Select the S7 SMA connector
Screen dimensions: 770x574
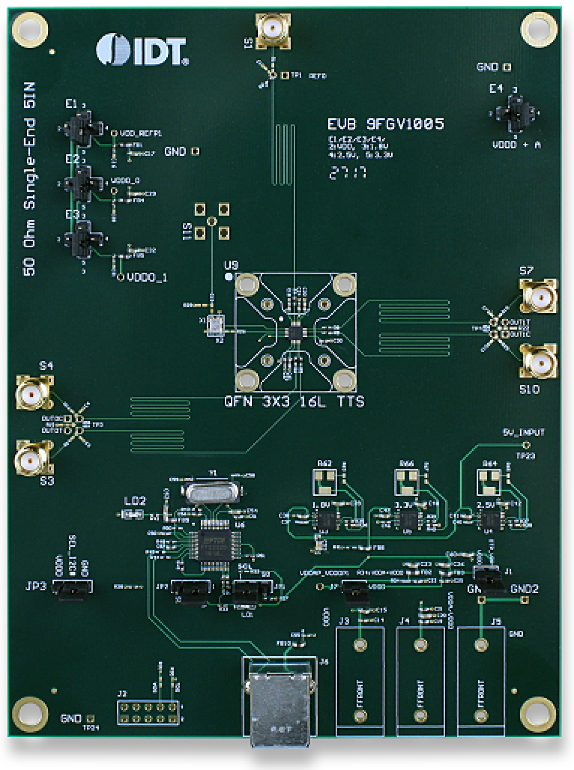(539, 297)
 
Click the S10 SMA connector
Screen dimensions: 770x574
(539, 362)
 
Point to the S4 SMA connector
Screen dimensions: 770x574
(33, 393)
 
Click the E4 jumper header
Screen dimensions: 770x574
(515, 113)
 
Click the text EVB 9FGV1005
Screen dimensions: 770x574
(385, 124)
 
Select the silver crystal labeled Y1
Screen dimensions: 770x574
(211, 492)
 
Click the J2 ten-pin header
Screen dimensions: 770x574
(148, 713)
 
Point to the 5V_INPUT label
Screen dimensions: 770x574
(524, 432)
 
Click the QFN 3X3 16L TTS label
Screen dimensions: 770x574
(294, 402)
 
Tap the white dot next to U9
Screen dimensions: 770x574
(229, 277)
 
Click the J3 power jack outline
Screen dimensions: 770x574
(360, 680)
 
